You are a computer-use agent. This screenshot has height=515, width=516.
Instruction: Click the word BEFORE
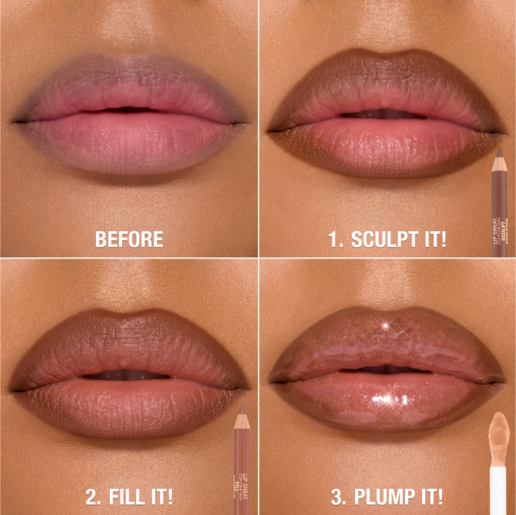pos(129,239)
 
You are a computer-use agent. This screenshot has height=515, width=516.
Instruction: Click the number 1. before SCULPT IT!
pos(338,239)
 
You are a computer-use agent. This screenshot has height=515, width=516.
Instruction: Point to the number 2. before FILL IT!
pos(93,497)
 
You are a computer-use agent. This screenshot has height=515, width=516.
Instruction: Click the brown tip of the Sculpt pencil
pos(499,151)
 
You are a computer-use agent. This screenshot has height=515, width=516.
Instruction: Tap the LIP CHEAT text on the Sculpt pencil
pos(495,232)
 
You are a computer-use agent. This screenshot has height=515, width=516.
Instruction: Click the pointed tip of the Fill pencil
pos(241,410)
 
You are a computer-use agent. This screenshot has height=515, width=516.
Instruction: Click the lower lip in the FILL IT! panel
pos(129,407)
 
